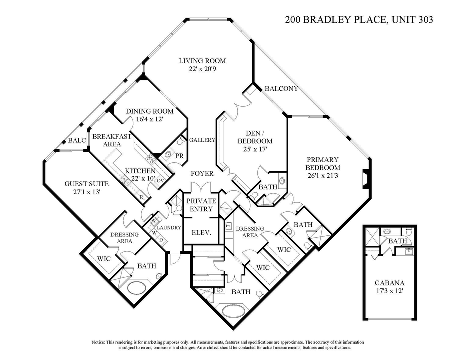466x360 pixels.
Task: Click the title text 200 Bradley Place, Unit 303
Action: point(358,20)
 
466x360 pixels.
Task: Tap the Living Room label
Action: point(202,61)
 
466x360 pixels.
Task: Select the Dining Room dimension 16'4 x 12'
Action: point(149,119)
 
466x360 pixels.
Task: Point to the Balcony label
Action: point(281,89)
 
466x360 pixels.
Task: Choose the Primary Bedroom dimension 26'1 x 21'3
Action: point(323,175)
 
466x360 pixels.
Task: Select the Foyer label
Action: point(202,173)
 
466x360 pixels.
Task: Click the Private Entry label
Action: point(201,205)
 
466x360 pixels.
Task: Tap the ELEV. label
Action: point(202,233)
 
